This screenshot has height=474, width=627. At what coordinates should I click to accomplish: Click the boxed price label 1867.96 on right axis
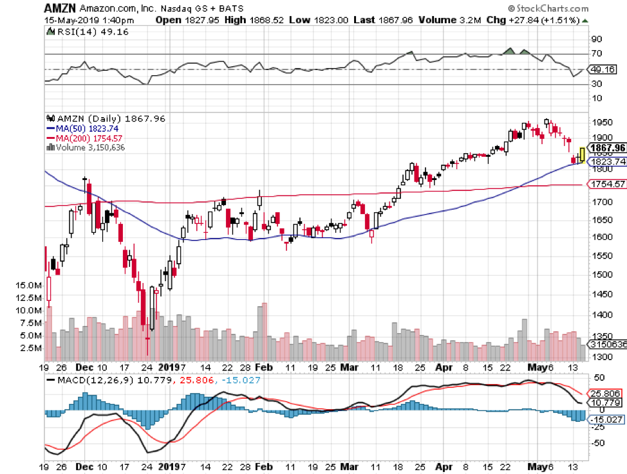click(x=606, y=147)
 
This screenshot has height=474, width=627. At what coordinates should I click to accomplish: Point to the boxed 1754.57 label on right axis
click(x=607, y=185)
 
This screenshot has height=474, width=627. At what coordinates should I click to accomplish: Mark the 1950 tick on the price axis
click(x=601, y=122)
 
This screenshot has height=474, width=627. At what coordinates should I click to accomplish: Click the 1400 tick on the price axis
click(x=601, y=314)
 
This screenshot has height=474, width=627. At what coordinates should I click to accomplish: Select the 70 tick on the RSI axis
click(x=597, y=54)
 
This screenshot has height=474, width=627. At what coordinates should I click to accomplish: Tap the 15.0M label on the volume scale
click(x=30, y=284)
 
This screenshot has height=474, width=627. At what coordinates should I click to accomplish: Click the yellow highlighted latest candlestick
click(x=583, y=154)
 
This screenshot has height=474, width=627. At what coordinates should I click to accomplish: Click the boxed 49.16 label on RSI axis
click(x=604, y=69)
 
